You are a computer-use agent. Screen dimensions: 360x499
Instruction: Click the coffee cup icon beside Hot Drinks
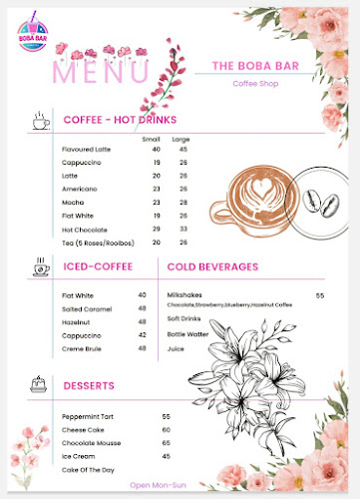39,121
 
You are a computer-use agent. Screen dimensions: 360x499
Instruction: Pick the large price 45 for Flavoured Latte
183,150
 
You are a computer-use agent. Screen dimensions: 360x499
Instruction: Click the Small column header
152,138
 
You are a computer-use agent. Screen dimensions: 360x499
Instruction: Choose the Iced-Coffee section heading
99,267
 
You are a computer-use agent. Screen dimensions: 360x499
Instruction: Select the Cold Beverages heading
212,267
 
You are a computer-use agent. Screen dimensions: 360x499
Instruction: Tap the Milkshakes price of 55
321,295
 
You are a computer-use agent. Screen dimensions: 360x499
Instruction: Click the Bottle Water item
189,333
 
